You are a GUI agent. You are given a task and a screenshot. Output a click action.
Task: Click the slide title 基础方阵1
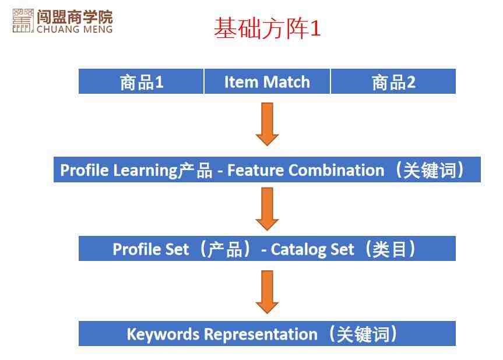(x=267, y=28)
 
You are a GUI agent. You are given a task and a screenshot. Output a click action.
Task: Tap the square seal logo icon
(x=23, y=20)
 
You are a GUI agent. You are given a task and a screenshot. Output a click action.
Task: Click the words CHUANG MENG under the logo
(x=75, y=29)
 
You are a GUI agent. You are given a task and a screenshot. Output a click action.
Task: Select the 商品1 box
(x=141, y=82)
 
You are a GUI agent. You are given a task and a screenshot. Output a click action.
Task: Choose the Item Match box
(x=267, y=82)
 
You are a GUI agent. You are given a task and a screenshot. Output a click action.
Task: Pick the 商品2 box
(x=393, y=82)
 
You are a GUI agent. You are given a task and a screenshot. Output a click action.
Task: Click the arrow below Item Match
(x=267, y=125)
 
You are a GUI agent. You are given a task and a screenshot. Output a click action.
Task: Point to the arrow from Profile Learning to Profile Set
(x=267, y=209)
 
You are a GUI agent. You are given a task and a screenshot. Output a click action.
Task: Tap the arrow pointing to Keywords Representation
(x=267, y=292)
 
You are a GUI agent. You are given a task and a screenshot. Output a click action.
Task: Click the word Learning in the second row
(x=145, y=171)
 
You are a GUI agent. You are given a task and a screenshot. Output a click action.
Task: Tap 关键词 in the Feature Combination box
(x=430, y=170)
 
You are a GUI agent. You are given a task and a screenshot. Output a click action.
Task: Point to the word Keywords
(x=163, y=334)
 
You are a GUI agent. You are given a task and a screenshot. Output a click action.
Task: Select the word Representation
(x=261, y=334)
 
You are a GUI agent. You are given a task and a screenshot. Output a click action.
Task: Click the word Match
(x=286, y=82)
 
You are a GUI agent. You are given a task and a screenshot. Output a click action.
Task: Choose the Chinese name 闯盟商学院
(x=75, y=17)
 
